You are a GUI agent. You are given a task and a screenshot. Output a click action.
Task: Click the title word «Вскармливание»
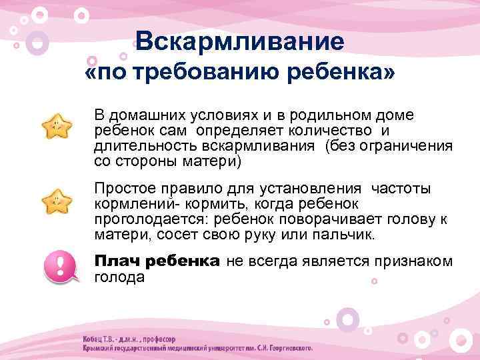(x=239, y=42)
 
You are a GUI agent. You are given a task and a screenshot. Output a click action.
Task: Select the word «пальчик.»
(x=346, y=236)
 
